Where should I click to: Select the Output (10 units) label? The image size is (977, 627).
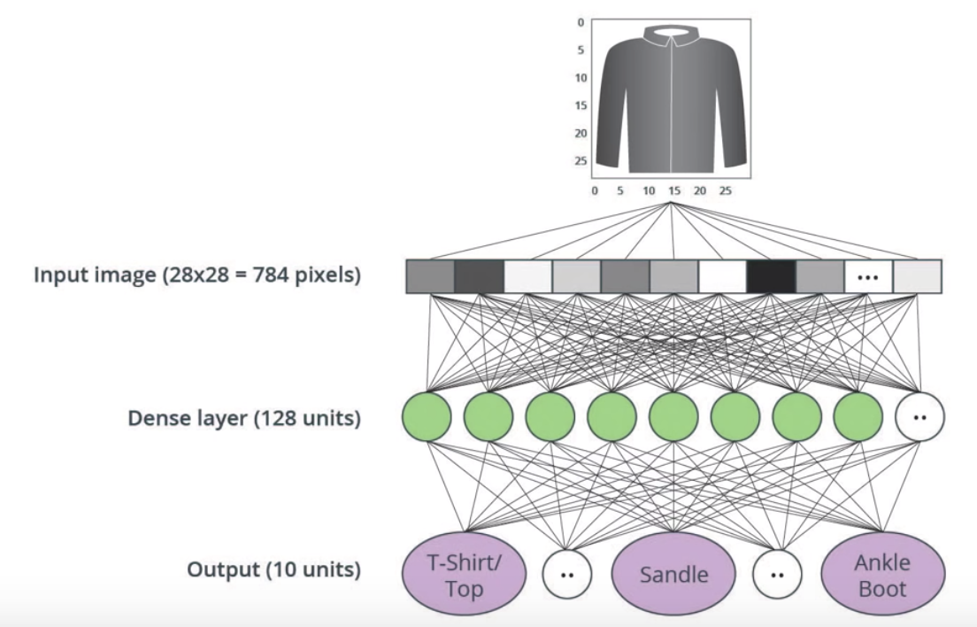273,569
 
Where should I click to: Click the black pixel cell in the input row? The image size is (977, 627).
771,276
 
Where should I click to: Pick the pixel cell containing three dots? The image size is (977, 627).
868,276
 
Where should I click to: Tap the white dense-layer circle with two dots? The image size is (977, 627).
920,417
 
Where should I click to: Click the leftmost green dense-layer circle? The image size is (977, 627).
427,417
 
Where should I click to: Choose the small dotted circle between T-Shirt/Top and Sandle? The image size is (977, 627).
567,574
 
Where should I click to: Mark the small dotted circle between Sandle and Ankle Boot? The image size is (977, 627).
778,574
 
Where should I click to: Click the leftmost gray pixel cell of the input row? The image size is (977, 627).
431,276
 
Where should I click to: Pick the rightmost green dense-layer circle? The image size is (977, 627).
858,417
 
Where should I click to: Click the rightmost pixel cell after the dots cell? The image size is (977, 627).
917,276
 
